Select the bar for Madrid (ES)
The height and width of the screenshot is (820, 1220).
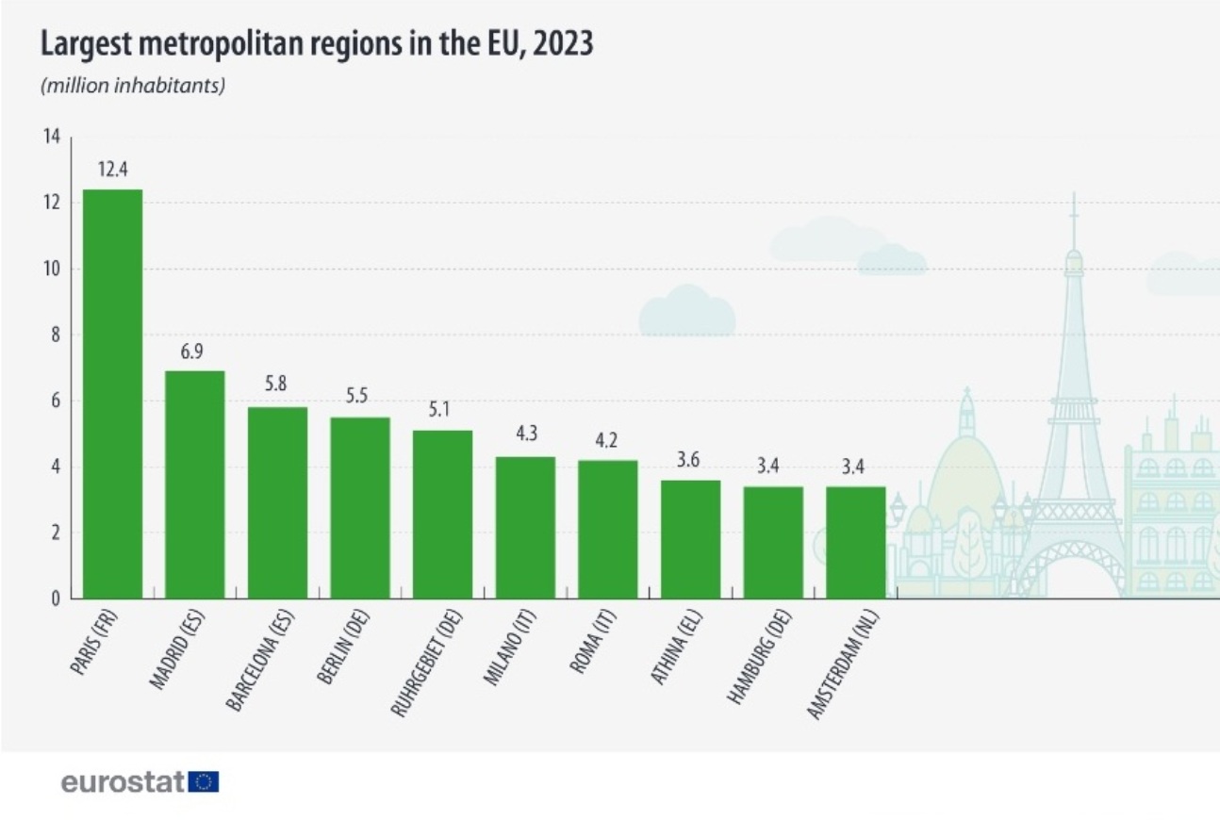click(x=194, y=484)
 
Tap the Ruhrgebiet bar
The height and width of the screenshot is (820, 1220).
click(x=442, y=514)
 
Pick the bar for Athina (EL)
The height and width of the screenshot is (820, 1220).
click(x=690, y=539)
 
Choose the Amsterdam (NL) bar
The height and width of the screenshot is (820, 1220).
click(x=855, y=542)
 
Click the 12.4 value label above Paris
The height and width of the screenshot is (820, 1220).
click(x=113, y=171)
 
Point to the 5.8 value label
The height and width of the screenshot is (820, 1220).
click(x=277, y=385)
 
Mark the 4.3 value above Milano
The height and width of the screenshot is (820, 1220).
click(x=525, y=435)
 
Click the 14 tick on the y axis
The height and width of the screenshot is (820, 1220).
click(x=51, y=138)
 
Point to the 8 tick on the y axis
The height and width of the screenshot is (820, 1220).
click(x=55, y=335)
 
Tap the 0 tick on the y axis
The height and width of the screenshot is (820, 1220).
click(x=55, y=599)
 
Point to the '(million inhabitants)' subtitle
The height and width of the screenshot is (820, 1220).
click(x=132, y=86)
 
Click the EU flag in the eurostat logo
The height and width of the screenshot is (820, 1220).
click(x=204, y=781)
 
